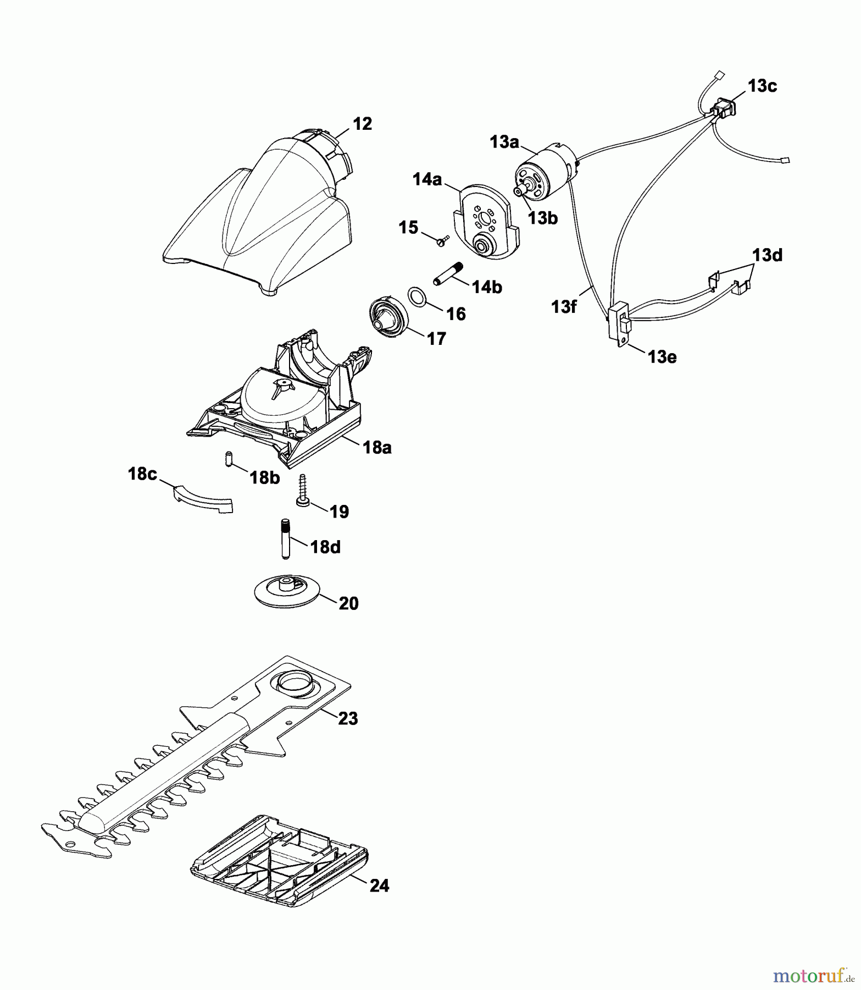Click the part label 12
pos(362,124)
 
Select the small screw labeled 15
pos(441,241)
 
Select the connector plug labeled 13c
pos(724,109)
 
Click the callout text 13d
pos(767,255)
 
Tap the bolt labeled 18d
pos(285,538)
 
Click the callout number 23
pos(348,718)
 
